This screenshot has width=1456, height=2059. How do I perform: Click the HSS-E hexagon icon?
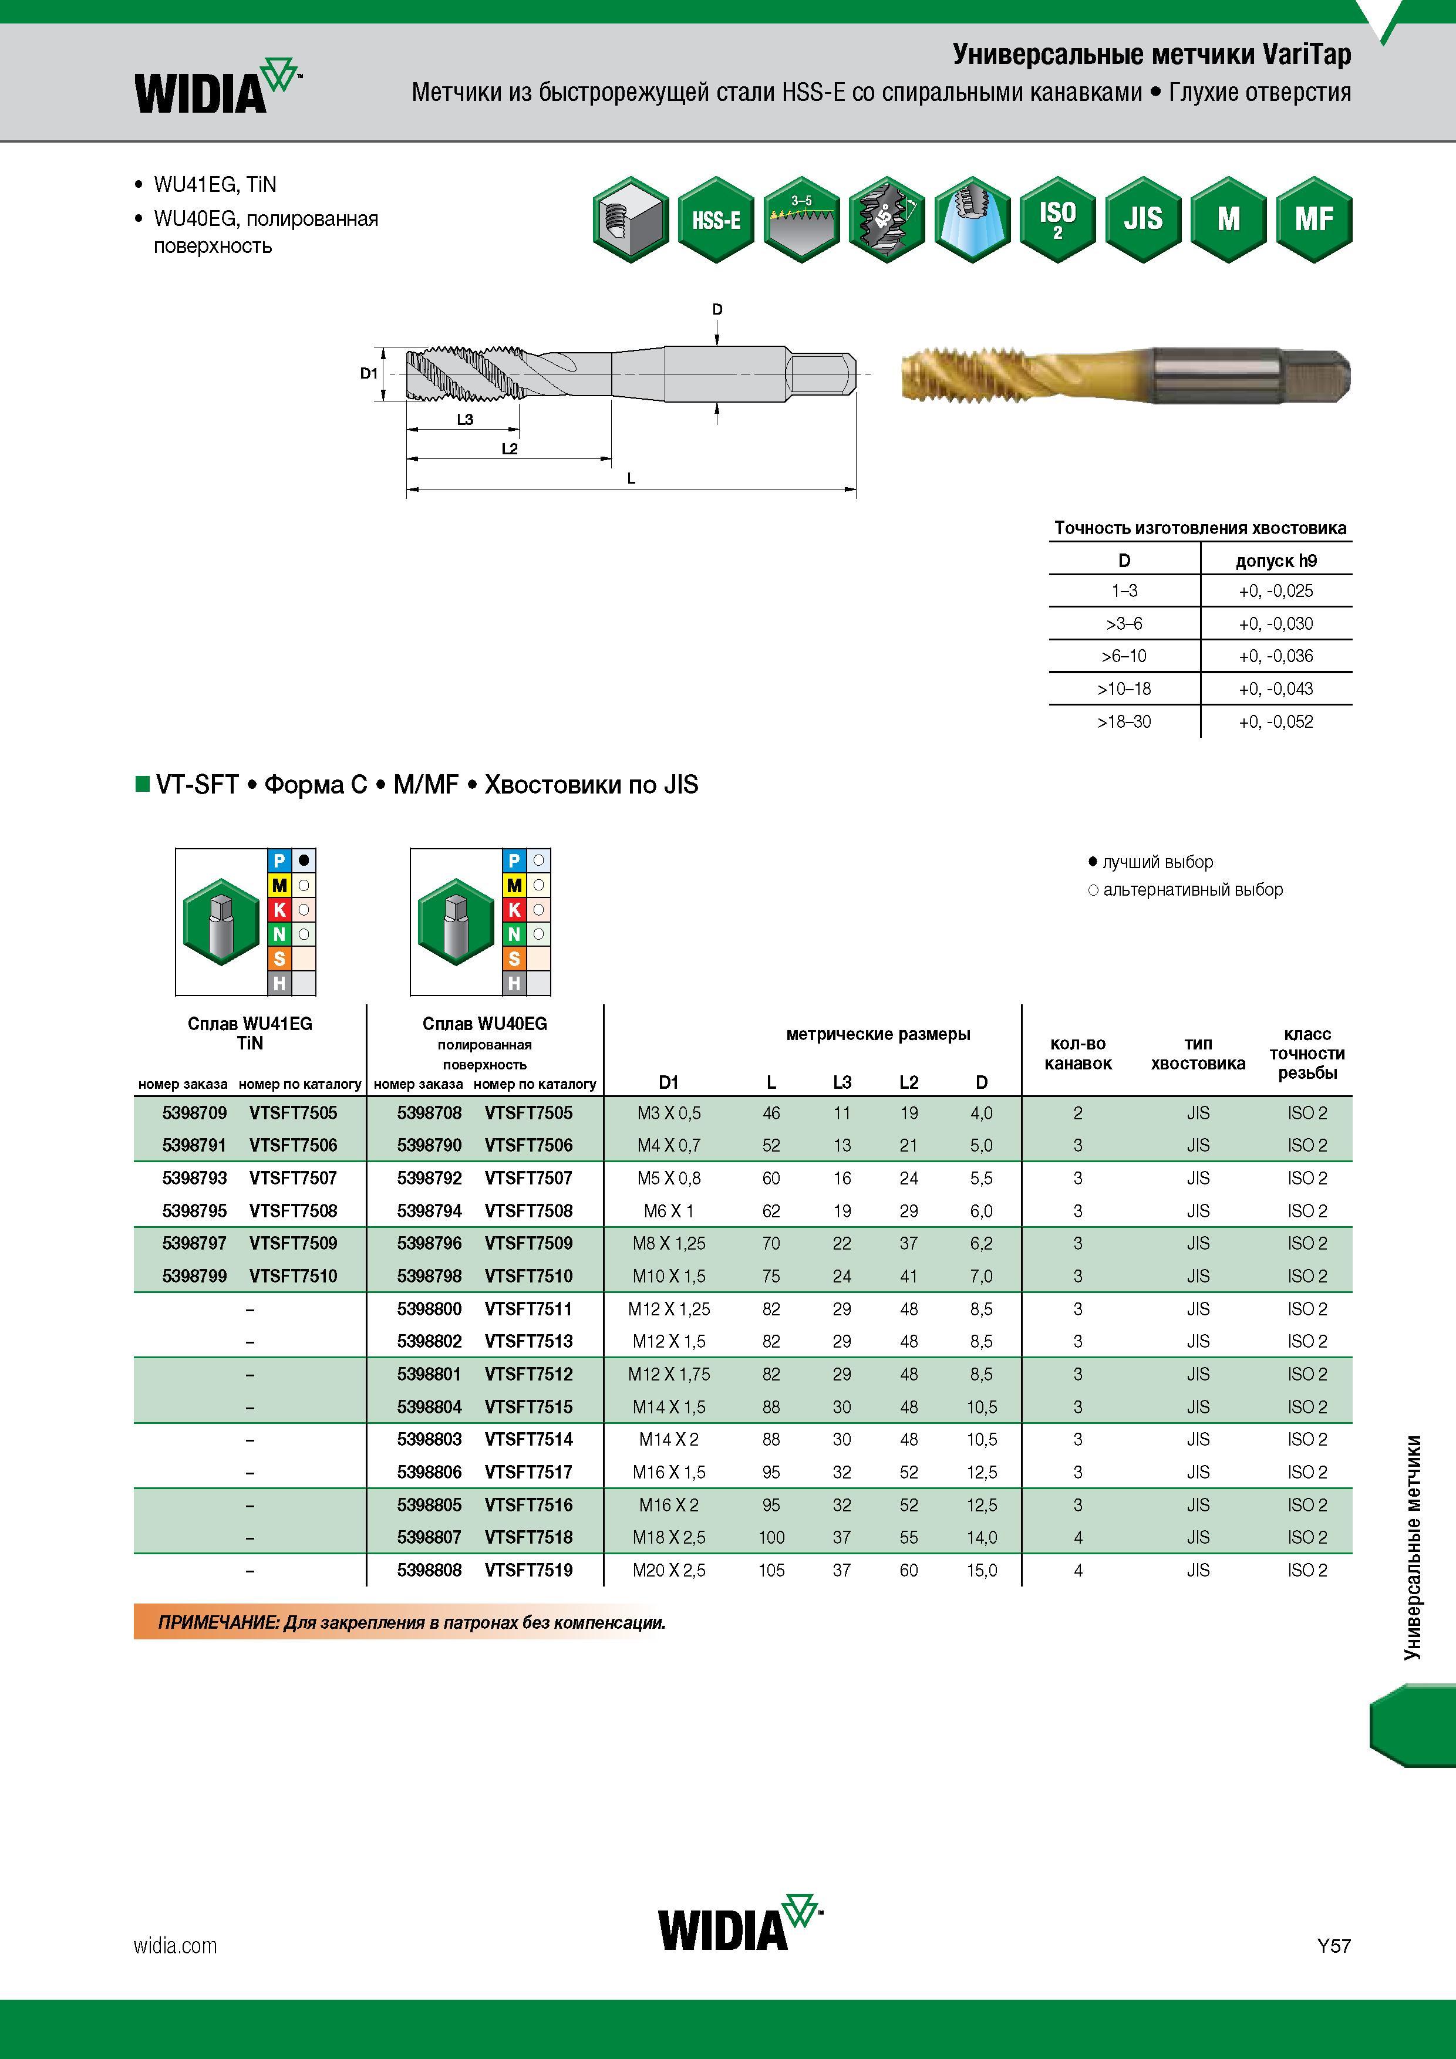pyautogui.click(x=716, y=220)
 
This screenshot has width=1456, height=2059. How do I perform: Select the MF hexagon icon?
pyautogui.click(x=1313, y=220)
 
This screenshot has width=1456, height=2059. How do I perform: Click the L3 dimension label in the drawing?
pyautogui.click(x=465, y=420)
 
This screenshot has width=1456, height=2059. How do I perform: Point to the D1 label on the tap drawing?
pyautogui.click(x=369, y=373)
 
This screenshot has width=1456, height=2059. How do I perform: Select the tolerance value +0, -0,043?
pyautogui.click(x=1276, y=688)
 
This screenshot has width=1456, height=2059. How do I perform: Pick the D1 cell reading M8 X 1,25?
pyautogui.click(x=669, y=1244)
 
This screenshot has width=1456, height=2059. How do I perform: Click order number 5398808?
pyautogui.click(x=430, y=1570)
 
